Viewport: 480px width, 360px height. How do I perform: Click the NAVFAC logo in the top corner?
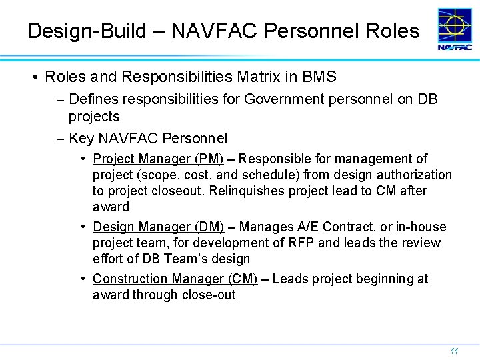click(x=455, y=29)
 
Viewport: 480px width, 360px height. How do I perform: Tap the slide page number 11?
click(x=454, y=351)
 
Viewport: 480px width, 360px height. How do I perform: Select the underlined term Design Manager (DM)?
click(x=158, y=227)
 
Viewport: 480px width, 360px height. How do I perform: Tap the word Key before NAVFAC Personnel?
click(x=81, y=139)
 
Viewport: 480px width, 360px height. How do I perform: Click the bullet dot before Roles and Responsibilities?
click(x=34, y=77)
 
